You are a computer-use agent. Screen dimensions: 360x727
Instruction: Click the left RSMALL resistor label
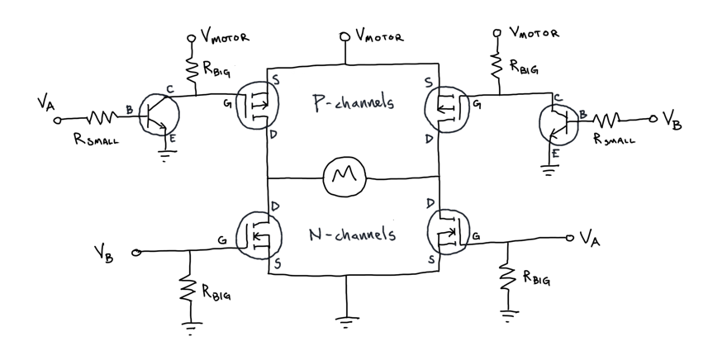94,140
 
